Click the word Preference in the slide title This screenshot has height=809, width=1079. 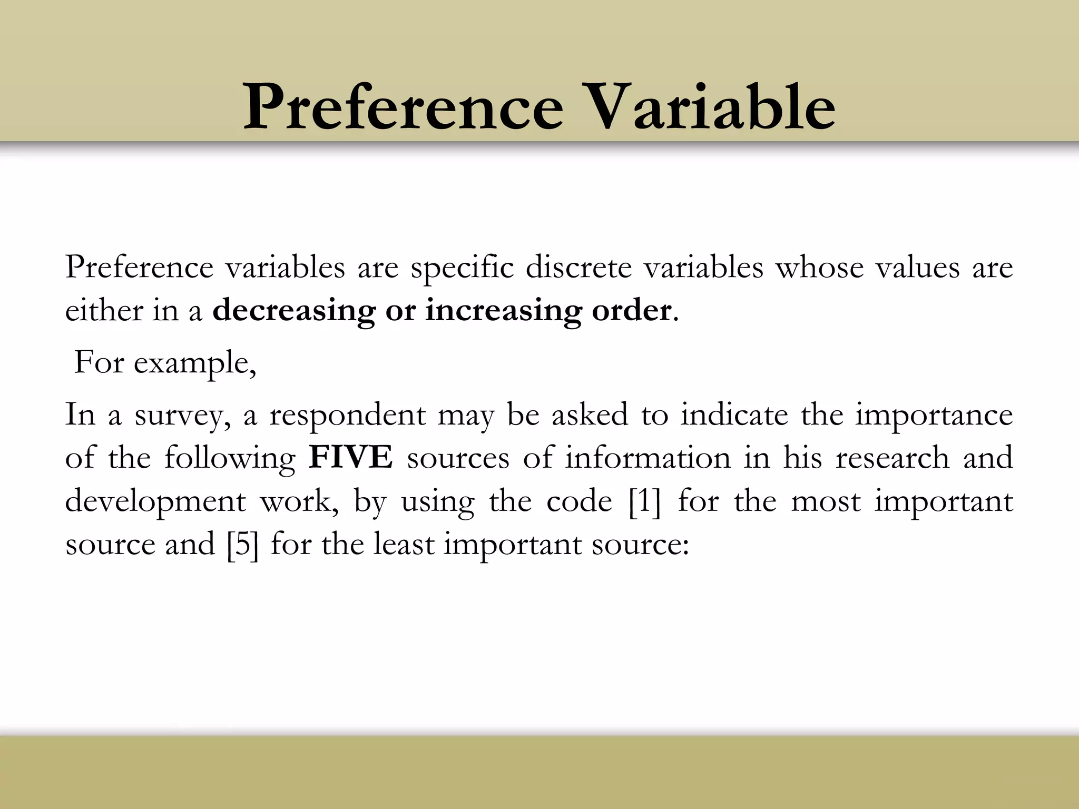click(x=403, y=107)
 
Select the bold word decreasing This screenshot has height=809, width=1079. click(x=293, y=311)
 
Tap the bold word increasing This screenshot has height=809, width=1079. click(x=503, y=311)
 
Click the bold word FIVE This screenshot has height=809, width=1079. click(x=351, y=457)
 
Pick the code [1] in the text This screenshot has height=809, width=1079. click(x=644, y=500)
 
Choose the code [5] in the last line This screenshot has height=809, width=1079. click(x=243, y=544)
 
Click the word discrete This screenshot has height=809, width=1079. click(x=578, y=268)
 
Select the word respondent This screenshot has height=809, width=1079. click(x=347, y=415)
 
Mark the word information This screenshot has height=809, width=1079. click(x=648, y=457)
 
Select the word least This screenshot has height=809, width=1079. click(x=404, y=544)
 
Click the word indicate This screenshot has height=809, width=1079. click(x=734, y=414)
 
